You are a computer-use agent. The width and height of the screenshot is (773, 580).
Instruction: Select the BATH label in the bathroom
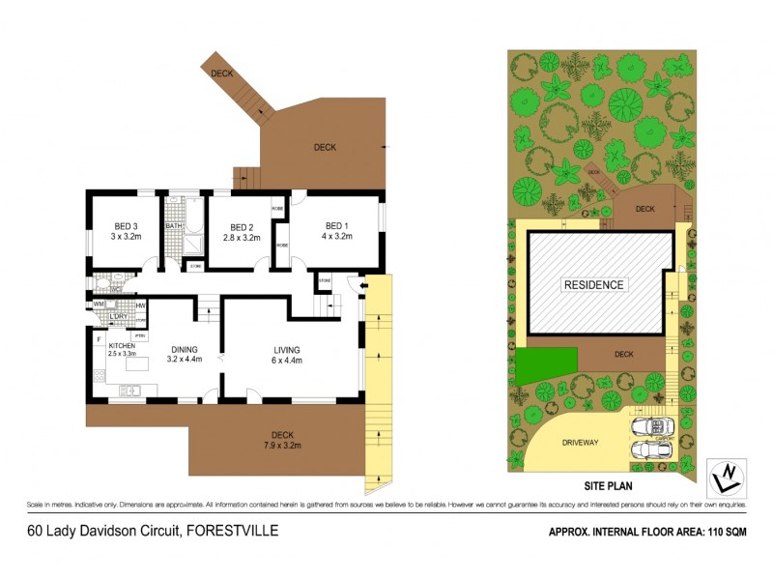(173, 226)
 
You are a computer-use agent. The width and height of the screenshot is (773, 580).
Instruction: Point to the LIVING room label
(287, 350)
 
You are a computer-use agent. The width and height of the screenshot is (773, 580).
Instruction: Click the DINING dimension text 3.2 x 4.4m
(186, 360)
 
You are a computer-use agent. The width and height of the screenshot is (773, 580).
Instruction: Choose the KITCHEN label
(121, 345)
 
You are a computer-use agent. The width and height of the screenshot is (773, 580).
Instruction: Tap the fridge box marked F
(99, 339)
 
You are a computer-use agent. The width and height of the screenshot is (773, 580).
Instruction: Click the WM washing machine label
(99, 304)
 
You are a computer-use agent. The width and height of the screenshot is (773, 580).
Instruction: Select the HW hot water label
(140, 304)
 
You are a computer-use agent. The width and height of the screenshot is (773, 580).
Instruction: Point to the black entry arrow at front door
(362, 285)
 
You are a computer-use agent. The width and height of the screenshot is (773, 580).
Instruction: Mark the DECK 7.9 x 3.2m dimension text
(281, 446)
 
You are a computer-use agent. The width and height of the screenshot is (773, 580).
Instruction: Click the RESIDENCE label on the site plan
(594, 284)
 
